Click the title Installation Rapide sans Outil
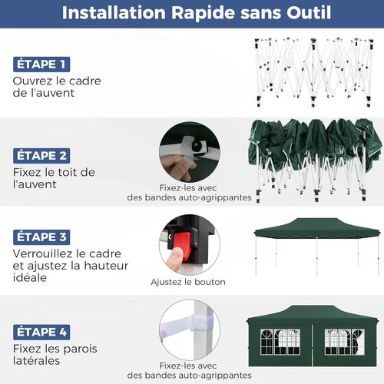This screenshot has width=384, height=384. [x=192, y=14]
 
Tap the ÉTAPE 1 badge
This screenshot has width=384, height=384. [x=41, y=64]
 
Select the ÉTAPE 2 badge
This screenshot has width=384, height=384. [x=41, y=154]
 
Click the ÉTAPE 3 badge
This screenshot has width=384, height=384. [x=41, y=237]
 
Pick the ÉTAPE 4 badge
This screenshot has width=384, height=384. [x=41, y=332]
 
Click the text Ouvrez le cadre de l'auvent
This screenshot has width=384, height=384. [x=57, y=87]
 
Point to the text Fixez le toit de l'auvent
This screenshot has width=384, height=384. [x=54, y=178]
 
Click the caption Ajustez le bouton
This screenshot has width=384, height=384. [x=188, y=282]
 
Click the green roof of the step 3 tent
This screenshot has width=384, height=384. [x=316, y=227]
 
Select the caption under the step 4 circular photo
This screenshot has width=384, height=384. [x=189, y=371]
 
